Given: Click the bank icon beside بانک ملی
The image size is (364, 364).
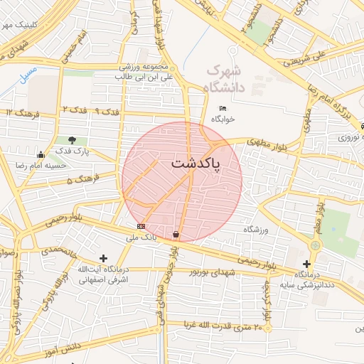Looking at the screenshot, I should (x=141, y=226).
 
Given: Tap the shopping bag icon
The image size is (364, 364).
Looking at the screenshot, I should (x=176, y=234).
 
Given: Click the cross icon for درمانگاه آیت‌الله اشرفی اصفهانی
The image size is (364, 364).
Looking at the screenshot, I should (x=104, y=258).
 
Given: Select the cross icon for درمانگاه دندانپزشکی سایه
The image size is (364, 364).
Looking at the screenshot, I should (x=306, y=264).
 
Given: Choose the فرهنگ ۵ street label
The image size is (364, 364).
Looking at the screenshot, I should (x=80, y=181).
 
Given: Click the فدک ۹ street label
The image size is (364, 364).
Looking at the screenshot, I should (x=107, y=112).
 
